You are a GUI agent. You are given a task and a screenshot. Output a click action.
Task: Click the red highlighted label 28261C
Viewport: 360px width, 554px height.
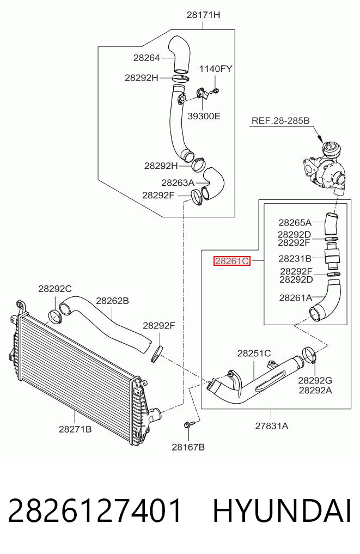(x=231, y=261)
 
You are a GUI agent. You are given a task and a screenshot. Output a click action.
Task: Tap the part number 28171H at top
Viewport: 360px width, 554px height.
(x=203, y=15)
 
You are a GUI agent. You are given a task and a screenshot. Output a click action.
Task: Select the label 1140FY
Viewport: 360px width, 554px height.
(x=216, y=69)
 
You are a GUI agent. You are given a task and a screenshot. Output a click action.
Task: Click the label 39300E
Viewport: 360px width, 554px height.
(x=204, y=116)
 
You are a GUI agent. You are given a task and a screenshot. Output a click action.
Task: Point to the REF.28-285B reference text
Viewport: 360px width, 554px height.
(x=280, y=121)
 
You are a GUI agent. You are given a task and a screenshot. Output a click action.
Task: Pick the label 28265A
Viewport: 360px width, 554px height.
(x=295, y=223)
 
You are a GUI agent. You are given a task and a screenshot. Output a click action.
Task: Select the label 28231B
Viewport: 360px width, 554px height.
(x=295, y=259)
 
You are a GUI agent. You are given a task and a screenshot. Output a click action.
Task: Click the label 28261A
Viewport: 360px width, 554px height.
(x=296, y=298)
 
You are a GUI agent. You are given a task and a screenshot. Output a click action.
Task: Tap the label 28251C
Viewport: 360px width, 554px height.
(x=254, y=353)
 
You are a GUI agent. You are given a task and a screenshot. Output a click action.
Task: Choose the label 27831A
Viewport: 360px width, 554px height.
(x=272, y=426)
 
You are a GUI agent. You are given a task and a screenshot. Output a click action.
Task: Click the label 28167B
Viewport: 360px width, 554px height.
(x=188, y=447)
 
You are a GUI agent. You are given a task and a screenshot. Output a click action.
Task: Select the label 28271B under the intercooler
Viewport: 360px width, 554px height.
(x=75, y=429)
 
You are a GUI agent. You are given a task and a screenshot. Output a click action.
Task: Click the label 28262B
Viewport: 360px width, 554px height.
(x=112, y=301)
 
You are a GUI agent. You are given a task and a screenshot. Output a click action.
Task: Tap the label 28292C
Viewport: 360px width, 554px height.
(x=55, y=289)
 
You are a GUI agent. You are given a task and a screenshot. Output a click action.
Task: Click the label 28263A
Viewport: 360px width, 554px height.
(x=178, y=182)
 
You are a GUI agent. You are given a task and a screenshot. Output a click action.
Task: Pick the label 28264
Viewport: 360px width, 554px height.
(x=147, y=58)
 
